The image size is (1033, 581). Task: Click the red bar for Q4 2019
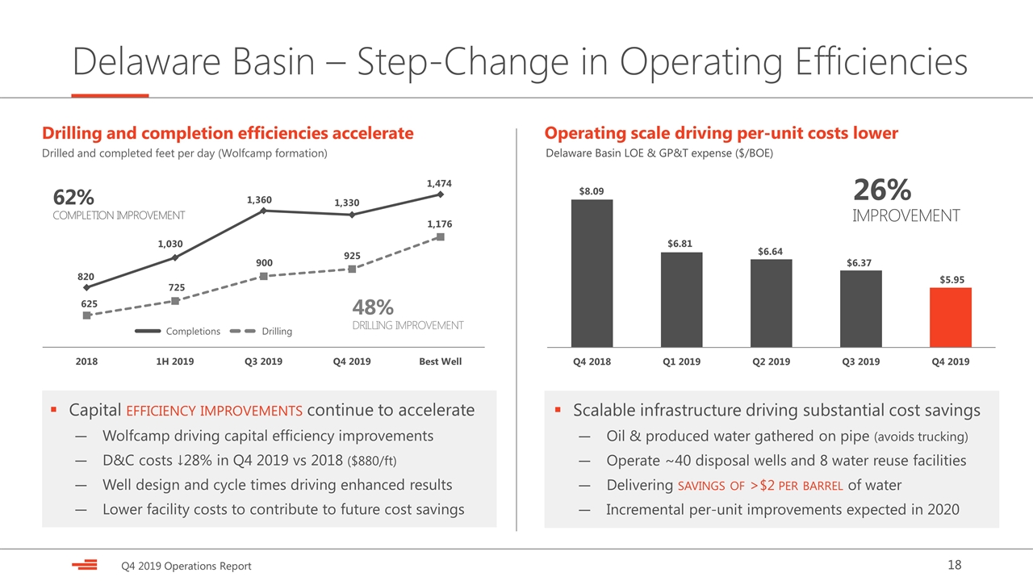[x=951, y=317]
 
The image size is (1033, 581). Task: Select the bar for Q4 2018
[x=592, y=273]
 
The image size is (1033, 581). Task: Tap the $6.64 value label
[x=770, y=251]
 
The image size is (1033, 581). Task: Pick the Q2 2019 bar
[x=771, y=303]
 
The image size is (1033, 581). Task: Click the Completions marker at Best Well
[x=441, y=194]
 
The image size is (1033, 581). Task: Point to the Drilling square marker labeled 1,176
[x=441, y=237]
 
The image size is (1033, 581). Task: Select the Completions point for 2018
[x=86, y=287]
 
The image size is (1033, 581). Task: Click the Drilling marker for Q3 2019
[x=263, y=276]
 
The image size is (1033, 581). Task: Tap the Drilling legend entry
[x=261, y=331]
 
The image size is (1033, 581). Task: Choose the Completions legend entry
[x=178, y=331]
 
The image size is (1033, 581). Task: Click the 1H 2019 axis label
[x=175, y=362]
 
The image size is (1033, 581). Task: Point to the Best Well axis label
[x=441, y=362]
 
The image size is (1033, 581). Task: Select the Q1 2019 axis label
[x=682, y=362]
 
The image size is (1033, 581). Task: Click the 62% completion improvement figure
[x=73, y=198]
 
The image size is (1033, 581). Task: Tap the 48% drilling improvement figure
[x=373, y=307]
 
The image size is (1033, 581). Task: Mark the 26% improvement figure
[x=882, y=190]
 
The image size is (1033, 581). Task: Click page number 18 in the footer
[x=955, y=565]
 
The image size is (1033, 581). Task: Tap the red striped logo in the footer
[x=85, y=565]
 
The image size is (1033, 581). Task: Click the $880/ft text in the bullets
[x=372, y=461]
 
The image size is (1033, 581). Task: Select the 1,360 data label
[x=259, y=199]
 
